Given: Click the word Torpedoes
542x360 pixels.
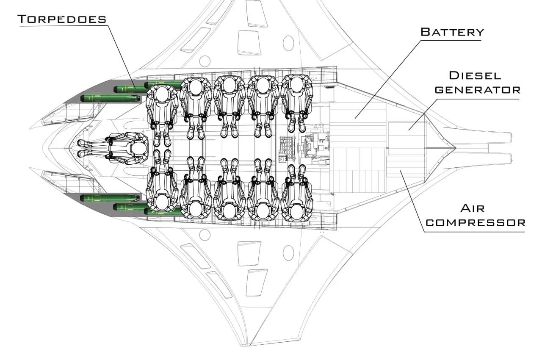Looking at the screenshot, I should (x=61, y=19).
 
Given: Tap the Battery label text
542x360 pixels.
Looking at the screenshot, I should (x=452, y=32).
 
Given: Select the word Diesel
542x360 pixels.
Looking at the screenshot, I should (x=475, y=76).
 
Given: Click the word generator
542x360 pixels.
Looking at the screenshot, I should (x=477, y=90).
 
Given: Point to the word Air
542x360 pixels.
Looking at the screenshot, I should (x=472, y=208).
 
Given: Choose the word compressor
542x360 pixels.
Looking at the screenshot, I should (x=475, y=222).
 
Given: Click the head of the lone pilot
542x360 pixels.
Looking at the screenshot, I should (x=138, y=148).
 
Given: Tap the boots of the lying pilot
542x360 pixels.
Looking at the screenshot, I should (x=83, y=148).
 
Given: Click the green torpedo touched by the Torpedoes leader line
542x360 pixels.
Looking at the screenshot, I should (x=129, y=89).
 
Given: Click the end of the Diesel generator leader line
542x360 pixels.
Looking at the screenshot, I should (x=409, y=130).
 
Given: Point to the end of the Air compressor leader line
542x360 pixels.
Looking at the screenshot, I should (x=401, y=171).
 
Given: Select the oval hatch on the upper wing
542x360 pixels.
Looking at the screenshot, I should (x=288, y=43).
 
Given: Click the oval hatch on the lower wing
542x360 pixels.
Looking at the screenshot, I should (x=288, y=253).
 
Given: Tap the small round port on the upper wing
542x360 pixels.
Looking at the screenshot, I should (x=205, y=61).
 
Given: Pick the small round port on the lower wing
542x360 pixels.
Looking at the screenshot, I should (x=205, y=235).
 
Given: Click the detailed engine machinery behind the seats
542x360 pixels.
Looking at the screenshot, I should (x=313, y=146).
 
